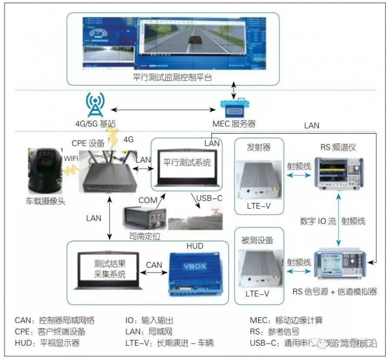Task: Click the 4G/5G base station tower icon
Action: [x=95, y=104]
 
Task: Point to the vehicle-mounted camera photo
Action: [x=45, y=171]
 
